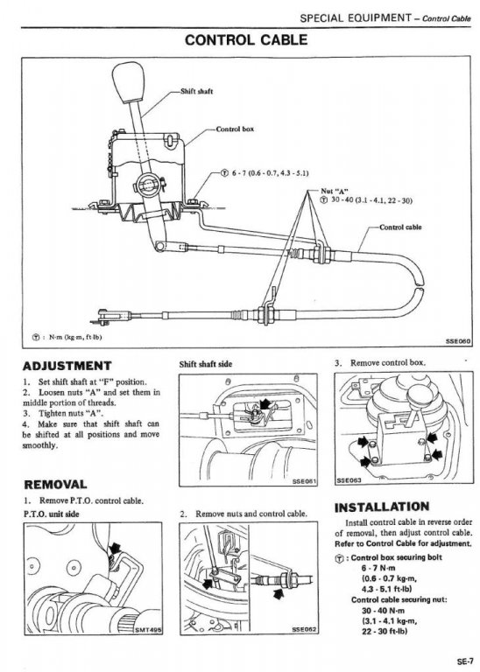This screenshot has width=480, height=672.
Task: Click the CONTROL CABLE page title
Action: (246, 40)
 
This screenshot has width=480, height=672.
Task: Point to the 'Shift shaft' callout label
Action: (196, 91)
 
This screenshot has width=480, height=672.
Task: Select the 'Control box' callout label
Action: (235, 129)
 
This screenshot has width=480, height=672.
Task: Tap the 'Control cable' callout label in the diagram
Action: (400, 227)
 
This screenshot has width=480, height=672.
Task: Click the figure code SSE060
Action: (458, 341)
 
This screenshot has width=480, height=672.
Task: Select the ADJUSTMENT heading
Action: (67, 366)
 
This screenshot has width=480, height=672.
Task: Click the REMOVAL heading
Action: (55, 485)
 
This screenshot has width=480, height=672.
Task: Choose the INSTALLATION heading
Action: (382, 507)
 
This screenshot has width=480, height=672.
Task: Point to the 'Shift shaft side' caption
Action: (206, 364)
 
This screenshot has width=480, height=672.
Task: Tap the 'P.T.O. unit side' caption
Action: (51, 514)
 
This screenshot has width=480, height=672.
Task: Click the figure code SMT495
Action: (148, 630)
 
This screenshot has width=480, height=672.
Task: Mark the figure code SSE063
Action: (349, 480)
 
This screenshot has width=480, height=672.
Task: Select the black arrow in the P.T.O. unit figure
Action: (115, 548)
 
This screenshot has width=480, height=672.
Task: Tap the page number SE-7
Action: (464, 661)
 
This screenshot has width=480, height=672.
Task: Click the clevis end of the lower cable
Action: (106, 315)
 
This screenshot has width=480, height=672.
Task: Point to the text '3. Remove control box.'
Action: (380, 363)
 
